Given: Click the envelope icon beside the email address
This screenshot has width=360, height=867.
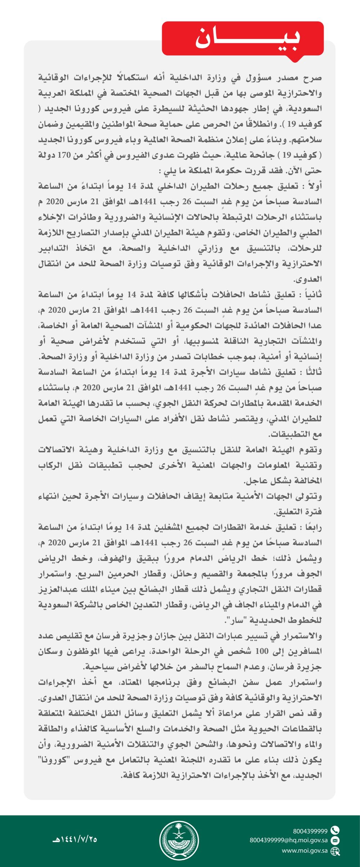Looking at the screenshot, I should pyautogui.click(x=335, y=840).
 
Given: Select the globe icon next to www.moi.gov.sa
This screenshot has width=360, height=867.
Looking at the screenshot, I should pyautogui.click(x=335, y=851).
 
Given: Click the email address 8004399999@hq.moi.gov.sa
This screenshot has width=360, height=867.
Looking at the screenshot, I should pyautogui.click(x=289, y=840).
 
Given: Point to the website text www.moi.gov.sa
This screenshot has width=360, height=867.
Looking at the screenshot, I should pyautogui.click(x=305, y=851).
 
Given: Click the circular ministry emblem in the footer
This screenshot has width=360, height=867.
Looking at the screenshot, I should pyautogui.click(x=179, y=841).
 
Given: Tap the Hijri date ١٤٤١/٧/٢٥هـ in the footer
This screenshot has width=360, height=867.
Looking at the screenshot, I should pyautogui.click(x=75, y=840).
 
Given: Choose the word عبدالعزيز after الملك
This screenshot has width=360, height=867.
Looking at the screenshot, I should pyautogui.click(x=54, y=590).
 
